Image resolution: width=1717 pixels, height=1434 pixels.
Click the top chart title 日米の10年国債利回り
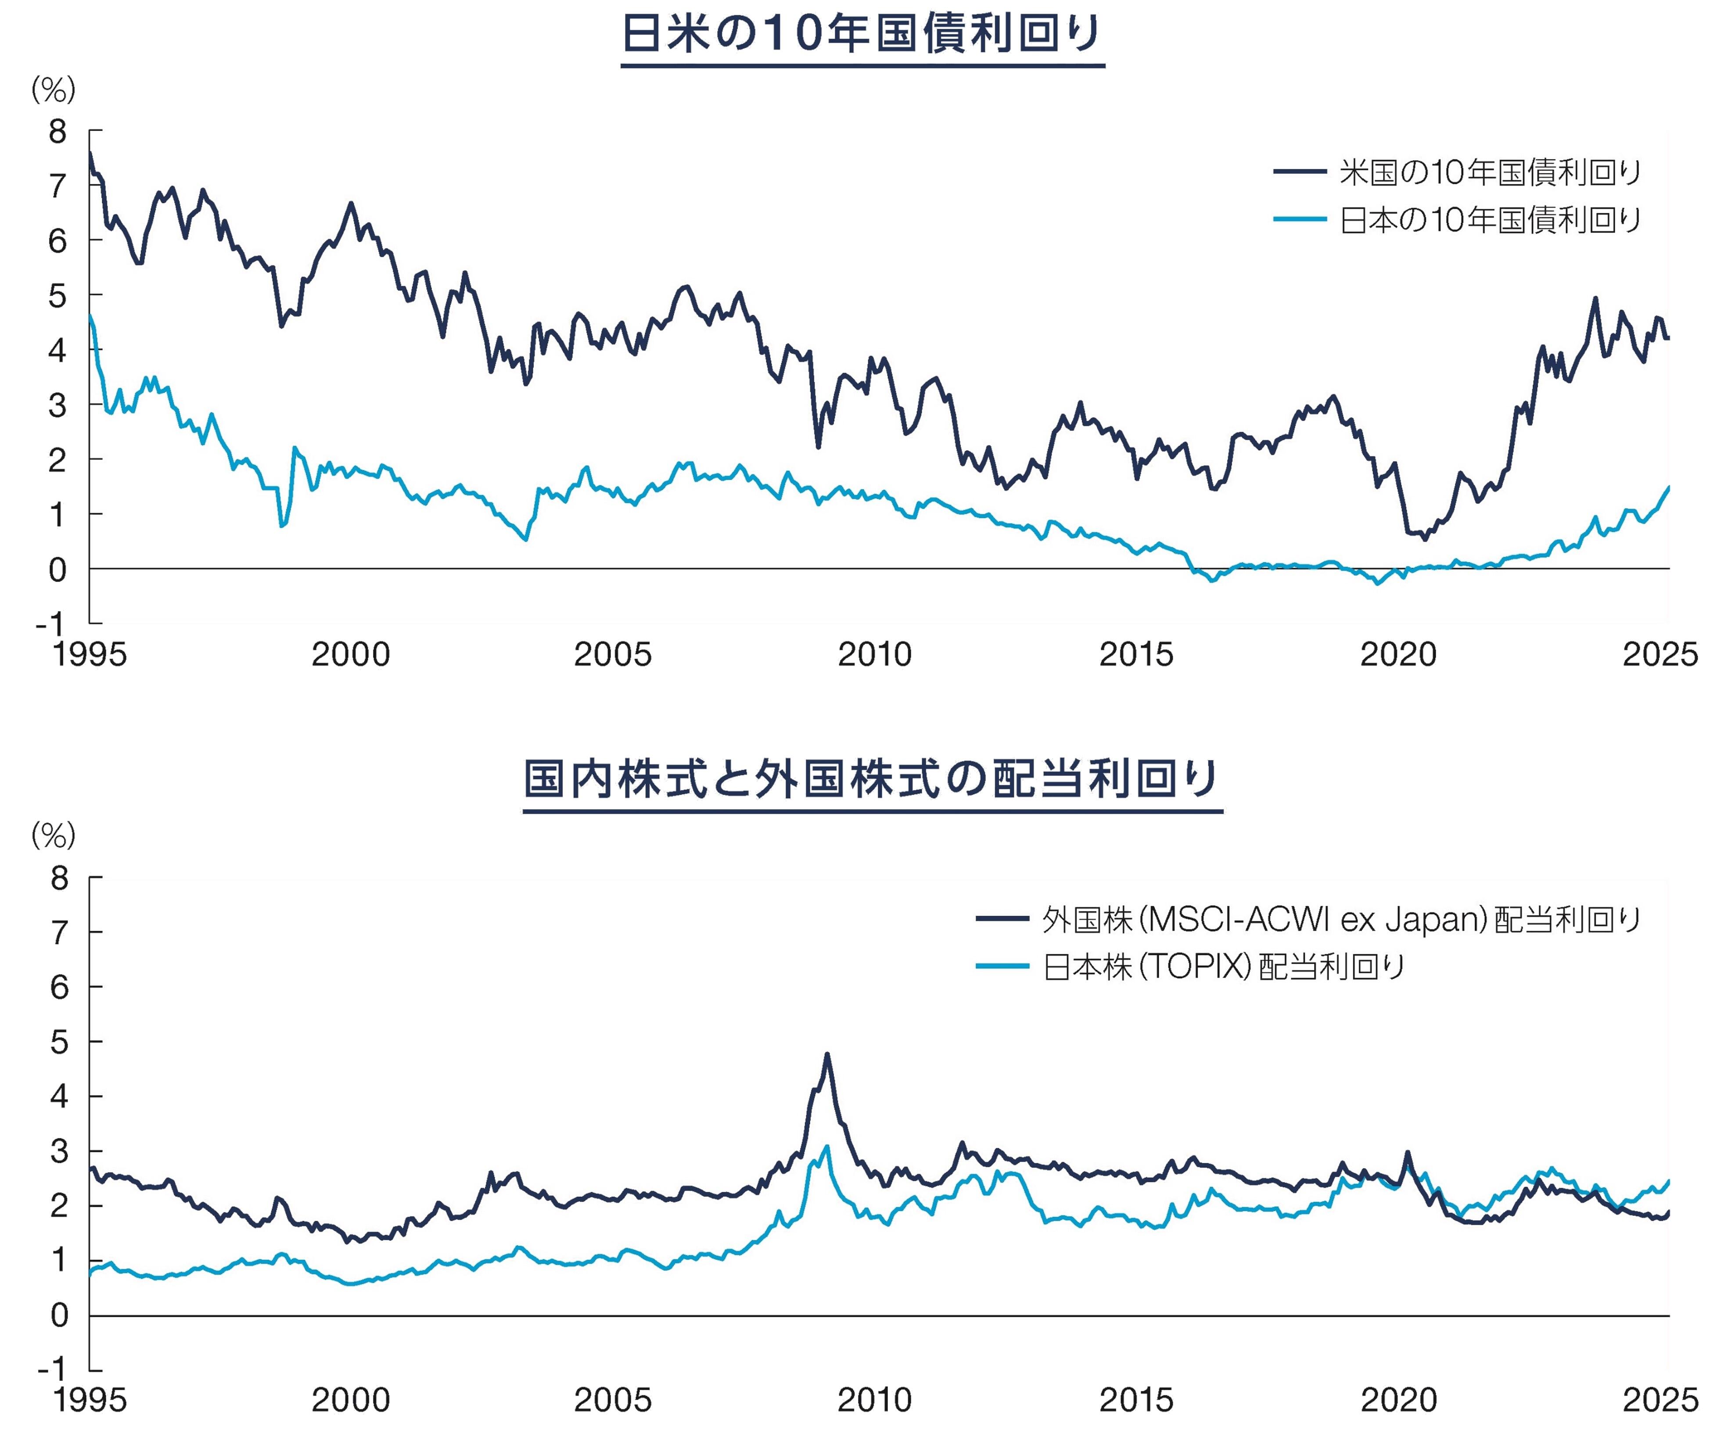[x=862, y=34]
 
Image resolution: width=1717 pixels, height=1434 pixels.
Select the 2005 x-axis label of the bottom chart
[x=612, y=1401]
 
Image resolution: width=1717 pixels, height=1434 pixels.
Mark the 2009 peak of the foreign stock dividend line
[x=826, y=1054]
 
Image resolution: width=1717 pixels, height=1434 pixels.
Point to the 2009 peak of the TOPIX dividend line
[x=826, y=1146]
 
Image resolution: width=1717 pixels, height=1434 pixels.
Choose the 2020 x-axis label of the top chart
[x=1398, y=654]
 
